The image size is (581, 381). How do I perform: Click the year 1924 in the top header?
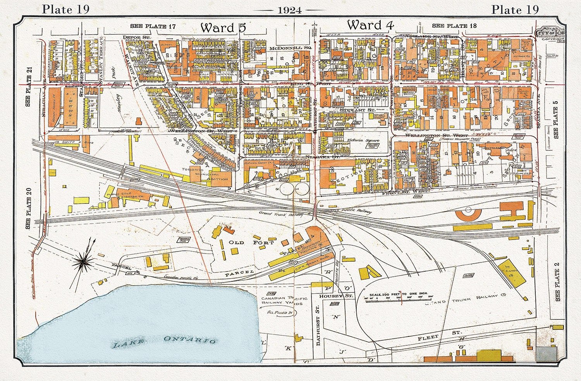(290, 10)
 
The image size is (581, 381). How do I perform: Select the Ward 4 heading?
(370, 26)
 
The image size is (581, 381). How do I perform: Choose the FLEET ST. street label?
(439, 335)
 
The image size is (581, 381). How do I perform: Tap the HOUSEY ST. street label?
(331, 296)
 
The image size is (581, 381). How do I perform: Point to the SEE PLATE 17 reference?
(153, 26)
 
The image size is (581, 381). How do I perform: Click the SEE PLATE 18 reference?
(454, 26)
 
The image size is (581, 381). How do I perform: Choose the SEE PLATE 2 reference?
(557, 282)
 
